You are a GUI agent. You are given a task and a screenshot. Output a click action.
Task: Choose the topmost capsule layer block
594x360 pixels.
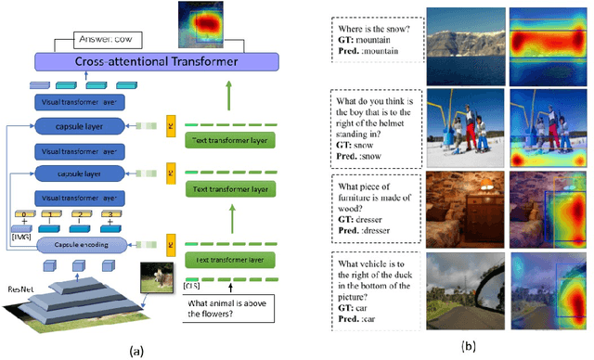point(81,127)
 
